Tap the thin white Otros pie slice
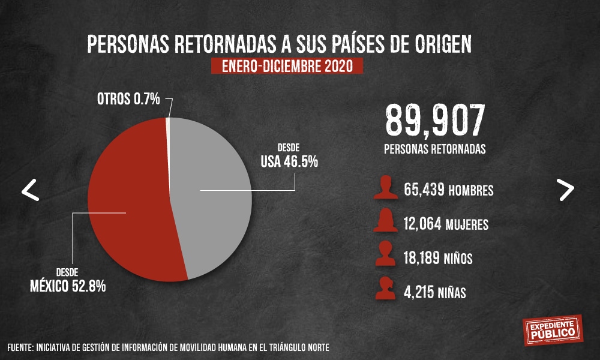[167, 129]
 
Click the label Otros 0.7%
[128, 99]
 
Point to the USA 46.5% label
[289, 161]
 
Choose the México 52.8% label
[68, 286]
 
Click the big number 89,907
[434, 120]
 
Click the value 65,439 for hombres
[424, 191]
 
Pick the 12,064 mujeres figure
[423, 225]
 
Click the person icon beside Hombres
[385, 188]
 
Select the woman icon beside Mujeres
[385, 221]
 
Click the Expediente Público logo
[552, 328]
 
